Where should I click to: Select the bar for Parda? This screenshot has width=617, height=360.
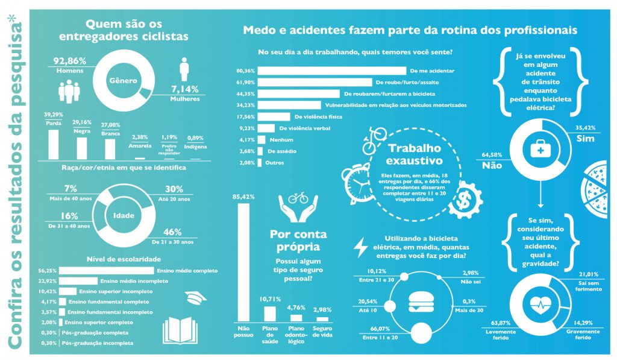(x=53, y=144)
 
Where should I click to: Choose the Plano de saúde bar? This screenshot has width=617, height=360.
(x=270, y=314)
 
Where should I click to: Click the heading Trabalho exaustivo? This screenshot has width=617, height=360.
(x=415, y=155)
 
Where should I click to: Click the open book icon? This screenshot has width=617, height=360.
(x=181, y=330)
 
